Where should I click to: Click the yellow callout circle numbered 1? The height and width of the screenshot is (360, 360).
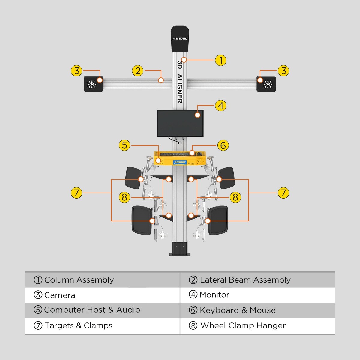(221, 60)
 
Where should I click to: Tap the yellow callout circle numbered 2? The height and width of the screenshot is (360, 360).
(138, 71)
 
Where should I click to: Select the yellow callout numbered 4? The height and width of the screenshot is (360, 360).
(221, 106)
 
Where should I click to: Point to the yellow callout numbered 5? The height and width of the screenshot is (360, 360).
(124, 145)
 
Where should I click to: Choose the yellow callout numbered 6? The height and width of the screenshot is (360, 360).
(223, 145)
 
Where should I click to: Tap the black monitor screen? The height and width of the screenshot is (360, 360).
(180, 123)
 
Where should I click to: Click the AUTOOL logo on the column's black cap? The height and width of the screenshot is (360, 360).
(180, 38)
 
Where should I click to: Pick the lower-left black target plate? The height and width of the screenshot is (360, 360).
(142, 220)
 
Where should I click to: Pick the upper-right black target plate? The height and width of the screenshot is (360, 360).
(226, 178)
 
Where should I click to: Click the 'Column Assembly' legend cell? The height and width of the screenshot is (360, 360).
(79, 280)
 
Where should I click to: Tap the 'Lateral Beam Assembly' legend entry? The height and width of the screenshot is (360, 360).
(245, 280)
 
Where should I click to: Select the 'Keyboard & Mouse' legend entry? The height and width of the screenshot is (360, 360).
(237, 310)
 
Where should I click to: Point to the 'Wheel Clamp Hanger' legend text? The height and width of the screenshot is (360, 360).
(243, 325)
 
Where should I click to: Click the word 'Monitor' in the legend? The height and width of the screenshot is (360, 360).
(214, 295)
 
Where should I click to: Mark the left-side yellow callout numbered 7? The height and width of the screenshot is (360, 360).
(76, 193)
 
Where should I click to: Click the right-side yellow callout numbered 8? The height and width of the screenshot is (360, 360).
(235, 197)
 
